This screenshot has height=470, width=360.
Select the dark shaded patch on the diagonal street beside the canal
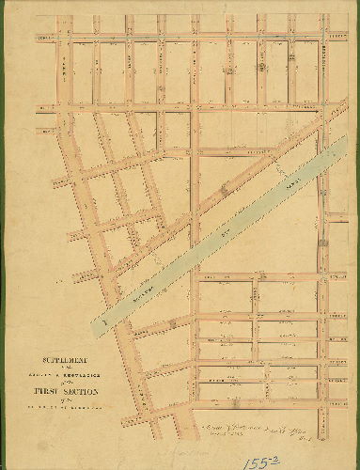(225, 192)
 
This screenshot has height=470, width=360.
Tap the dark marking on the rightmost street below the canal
(324, 243)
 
